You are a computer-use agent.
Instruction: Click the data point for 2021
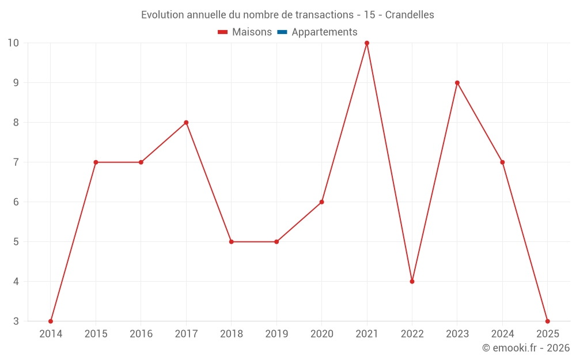[367, 43]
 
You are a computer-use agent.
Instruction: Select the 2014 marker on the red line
[51, 321]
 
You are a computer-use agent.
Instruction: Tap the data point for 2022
[412, 282]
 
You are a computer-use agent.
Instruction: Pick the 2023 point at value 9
[457, 83]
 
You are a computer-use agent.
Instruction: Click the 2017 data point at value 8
[186, 123]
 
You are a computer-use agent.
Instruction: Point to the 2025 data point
[547, 321]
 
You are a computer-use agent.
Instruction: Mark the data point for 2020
[321, 202]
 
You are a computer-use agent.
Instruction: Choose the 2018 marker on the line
[232, 242]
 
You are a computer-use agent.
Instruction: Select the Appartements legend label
[324, 32]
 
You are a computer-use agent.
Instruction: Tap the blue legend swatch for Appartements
[282, 32]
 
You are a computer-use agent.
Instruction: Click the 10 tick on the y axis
[13, 43]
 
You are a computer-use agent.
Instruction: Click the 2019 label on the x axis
[276, 334]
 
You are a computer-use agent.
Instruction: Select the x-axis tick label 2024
[502, 334]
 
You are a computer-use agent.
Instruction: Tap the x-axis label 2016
[141, 334]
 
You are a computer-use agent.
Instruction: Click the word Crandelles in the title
[410, 15]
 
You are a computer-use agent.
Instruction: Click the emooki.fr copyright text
[526, 348]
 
